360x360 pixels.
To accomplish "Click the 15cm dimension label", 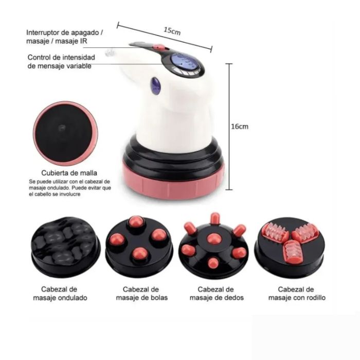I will pos(172,30).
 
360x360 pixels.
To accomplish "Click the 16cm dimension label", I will pos(240,127).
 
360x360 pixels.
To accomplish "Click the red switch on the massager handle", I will pos(160,47).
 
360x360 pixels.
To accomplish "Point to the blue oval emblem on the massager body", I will pos(156,85).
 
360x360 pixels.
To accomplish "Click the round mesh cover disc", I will pos(65,133).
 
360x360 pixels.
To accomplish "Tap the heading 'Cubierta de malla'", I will pos(69,173).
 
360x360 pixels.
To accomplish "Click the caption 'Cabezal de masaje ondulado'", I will pos(64,293).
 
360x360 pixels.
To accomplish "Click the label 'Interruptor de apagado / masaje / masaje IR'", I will pos(65,37).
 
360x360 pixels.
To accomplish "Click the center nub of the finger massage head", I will pos(212,239).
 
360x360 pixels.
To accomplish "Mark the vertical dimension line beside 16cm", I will pos(229,127).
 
